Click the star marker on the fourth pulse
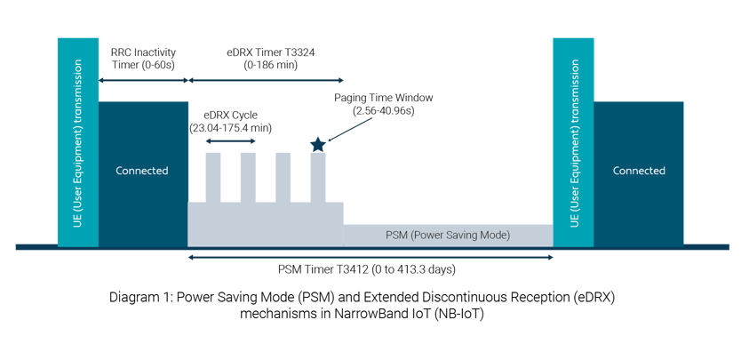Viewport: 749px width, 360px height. [x=317, y=144]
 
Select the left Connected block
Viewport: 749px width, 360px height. [x=142, y=172]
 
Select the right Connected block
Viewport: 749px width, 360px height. [x=638, y=172]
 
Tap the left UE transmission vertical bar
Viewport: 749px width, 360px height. [x=77, y=142]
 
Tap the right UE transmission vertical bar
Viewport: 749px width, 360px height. [x=573, y=142]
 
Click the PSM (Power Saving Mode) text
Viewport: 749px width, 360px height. [x=448, y=236]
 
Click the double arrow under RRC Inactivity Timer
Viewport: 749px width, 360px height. [x=142, y=81]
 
